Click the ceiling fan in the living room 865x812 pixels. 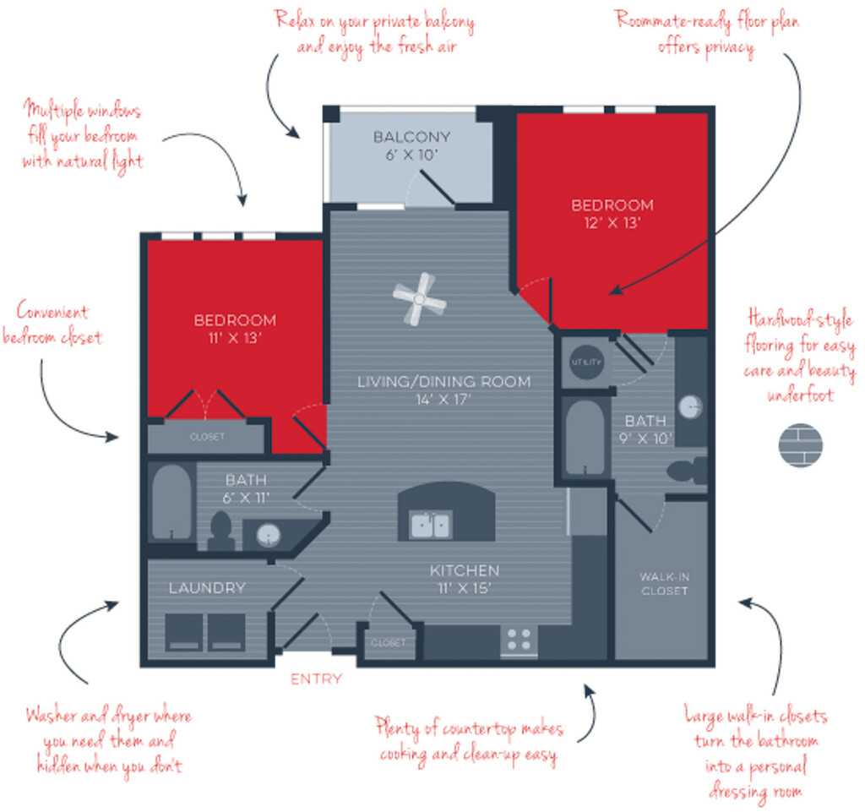pyautogui.click(x=419, y=299)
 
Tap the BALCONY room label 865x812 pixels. pyautogui.click(x=411, y=137)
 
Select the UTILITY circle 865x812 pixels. pyautogui.click(x=586, y=362)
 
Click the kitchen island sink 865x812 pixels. pyautogui.click(x=432, y=525)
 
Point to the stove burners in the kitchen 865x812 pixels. pyautogui.click(x=519, y=640)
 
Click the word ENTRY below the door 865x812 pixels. pyautogui.click(x=316, y=678)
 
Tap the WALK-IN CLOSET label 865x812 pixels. pyautogui.click(x=664, y=584)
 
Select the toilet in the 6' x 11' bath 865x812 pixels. pyautogui.click(x=220, y=531)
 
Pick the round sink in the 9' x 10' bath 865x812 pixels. pyautogui.click(x=690, y=407)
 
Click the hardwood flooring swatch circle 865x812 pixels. pyautogui.click(x=801, y=445)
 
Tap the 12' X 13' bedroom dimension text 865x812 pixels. pyautogui.click(x=612, y=223)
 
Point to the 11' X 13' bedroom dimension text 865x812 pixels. pyautogui.click(x=235, y=338)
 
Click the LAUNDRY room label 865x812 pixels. pyautogui.click(x=207, y=588)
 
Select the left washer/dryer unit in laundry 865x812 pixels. pyautogui.click(x=184, y=632)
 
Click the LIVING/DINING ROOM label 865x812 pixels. pyautogui.click(x=444, y=382)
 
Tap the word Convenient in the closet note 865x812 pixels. pyautogui.click(x=52, y=312)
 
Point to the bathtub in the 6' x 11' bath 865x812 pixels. pyautogui.click(x=171, y=501)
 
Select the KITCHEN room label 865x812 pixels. pyautogui.click(x=465, y=570)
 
